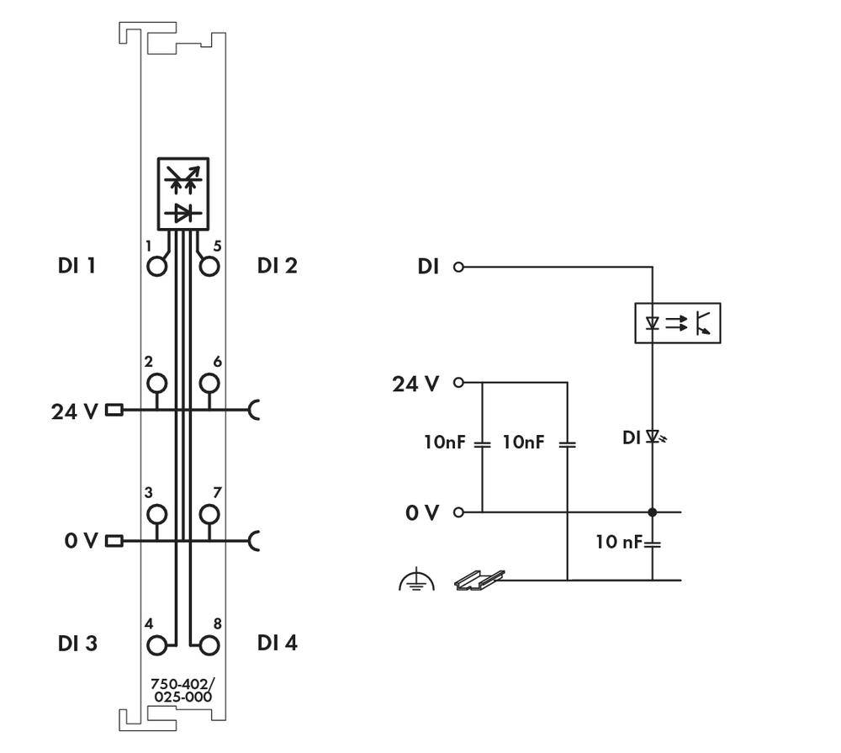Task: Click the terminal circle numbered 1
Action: click(156, 267)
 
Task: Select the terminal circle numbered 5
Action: click(209, 267)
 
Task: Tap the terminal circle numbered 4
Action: click(156, 645)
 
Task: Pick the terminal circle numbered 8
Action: click(209, 645)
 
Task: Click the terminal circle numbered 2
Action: click(156, 384)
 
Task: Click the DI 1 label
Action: click(77, 267)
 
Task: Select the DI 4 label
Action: click(278, 644)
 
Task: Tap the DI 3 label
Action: click(77, 644)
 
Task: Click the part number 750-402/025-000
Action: click(182, 691)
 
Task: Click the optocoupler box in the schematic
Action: click(677, 322)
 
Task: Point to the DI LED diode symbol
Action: click(653, 437)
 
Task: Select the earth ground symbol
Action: click(416, 581)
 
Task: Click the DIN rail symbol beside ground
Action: click(479, 579)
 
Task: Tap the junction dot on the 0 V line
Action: click(653, 512)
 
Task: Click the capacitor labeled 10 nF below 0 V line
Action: click(653, 544)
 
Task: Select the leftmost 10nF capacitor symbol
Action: click(482, 443)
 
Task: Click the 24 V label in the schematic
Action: click(415, 384)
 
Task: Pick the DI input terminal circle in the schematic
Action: click(458, 268)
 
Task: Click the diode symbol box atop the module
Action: click(182, 193)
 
